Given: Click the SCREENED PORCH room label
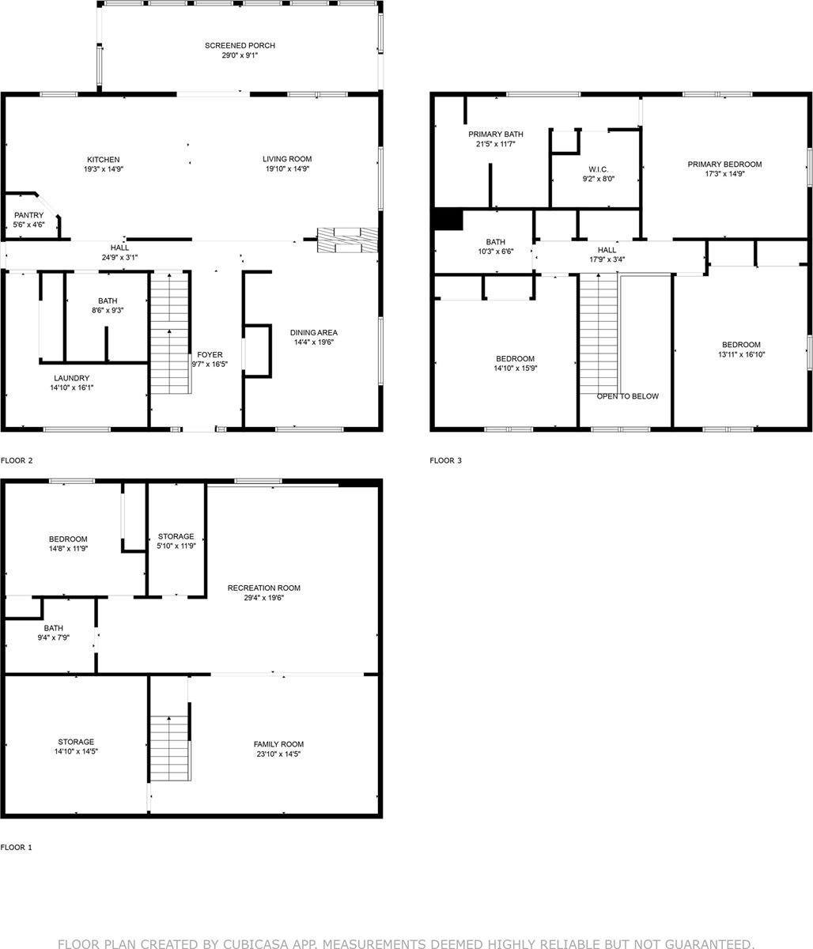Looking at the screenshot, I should (x=240, y=46).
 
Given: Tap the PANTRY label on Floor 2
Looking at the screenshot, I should (x=29, y=215).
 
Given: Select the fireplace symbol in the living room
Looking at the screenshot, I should (x=347, y=240).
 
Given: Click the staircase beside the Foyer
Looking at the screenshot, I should (x=170, y=332).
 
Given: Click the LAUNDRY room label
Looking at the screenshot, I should (x=71, y=378).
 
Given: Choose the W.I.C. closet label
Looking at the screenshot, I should (x=597, y=169).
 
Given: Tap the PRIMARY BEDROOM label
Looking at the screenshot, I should (x=724, y=164).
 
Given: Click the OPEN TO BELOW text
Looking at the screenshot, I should (x=627, y=396).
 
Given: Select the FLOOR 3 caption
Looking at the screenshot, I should (x=445, y=460).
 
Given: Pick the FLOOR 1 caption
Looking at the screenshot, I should (x=17, y=847).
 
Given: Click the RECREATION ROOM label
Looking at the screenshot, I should (x=264, y=588).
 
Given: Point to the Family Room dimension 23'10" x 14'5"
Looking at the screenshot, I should (x=278, y=754).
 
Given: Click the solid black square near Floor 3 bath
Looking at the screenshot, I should (x=448, y=219).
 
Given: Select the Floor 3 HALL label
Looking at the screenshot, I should (x=607, y=250).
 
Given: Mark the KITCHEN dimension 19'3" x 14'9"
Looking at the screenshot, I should (x=104, y=169).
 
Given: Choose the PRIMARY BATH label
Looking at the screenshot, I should (x=496, y=134).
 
